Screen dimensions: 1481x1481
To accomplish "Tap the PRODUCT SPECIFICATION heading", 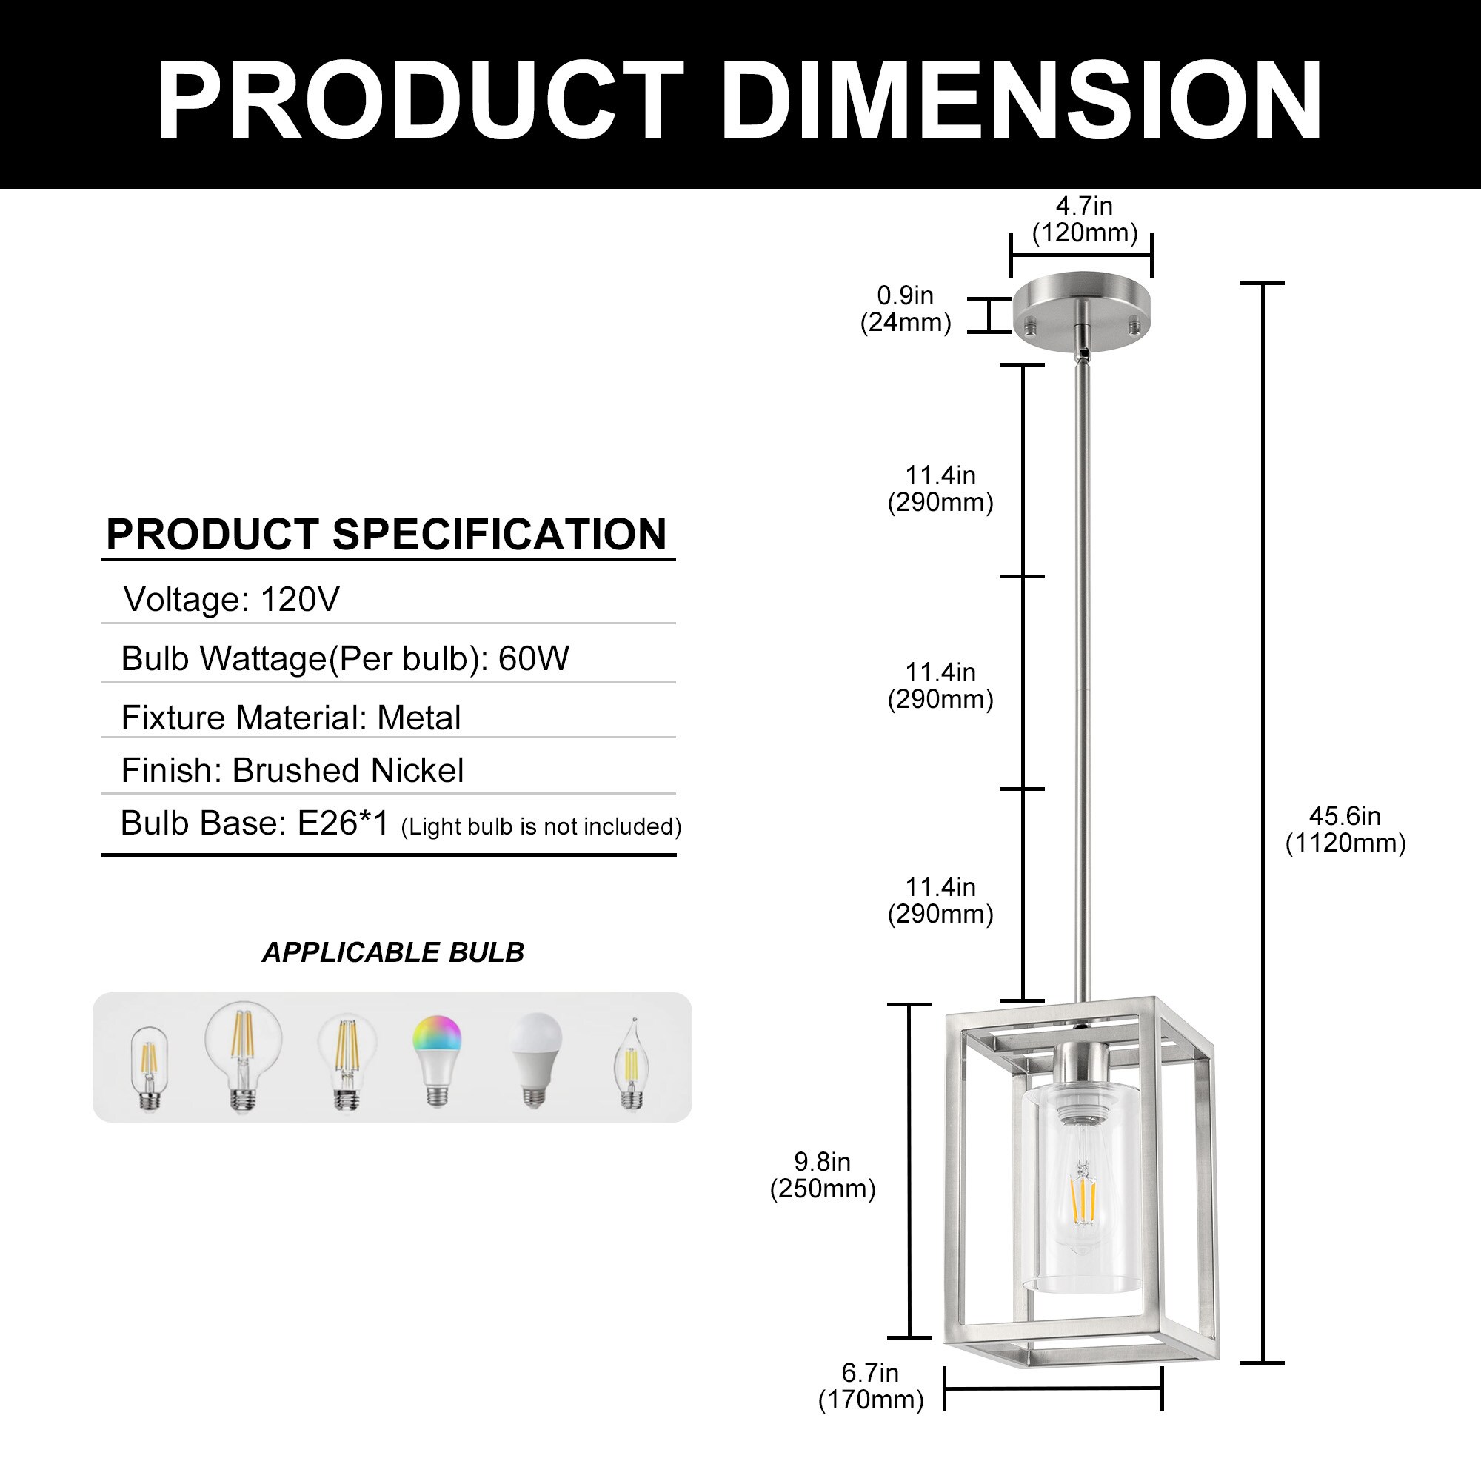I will tap(387, 535).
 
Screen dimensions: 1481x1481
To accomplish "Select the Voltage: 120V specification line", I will tap(231, 600).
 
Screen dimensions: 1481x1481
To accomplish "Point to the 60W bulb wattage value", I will tap(533, 658).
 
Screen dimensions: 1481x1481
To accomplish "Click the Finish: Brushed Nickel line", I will tap(292, 770).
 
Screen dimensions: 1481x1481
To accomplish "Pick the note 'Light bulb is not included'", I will tap(541, 826).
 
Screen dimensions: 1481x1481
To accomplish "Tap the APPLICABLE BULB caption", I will tap(392, 952).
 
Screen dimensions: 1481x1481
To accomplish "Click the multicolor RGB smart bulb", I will tap(437, 1059).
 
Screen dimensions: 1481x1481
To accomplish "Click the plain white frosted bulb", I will tap(536, 1059).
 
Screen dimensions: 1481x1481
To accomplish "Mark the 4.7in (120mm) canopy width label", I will tap(1085, 219).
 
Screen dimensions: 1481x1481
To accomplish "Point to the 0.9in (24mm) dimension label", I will tap(906, 309).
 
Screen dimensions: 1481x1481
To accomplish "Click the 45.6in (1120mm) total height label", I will tap(1345, 829).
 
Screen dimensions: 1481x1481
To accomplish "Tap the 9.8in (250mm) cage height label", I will tap(823, 1175).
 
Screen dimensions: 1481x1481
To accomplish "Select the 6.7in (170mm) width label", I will tap(871, 1386).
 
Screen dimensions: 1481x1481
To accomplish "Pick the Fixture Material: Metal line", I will tap(290, 718).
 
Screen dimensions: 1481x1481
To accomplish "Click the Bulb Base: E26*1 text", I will tap(255, 823).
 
